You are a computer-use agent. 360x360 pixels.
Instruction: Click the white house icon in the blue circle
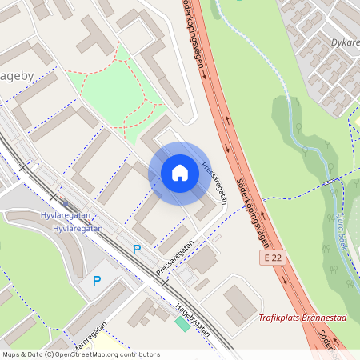click(180, 173)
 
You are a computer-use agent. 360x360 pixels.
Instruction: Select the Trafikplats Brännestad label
click(302, 318)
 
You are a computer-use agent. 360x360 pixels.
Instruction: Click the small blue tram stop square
click(66, 202)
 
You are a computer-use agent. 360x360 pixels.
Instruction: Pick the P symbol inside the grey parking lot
click(97, 281)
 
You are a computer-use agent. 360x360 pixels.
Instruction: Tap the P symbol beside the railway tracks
click(136, 250)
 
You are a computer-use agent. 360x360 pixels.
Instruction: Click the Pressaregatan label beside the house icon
click(215, 184)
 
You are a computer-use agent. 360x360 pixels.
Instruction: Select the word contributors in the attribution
click(140, 354)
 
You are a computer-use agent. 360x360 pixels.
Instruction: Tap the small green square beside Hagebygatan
click(182, 322)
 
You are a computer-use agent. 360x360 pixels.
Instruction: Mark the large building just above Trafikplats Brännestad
click(241, 302)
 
